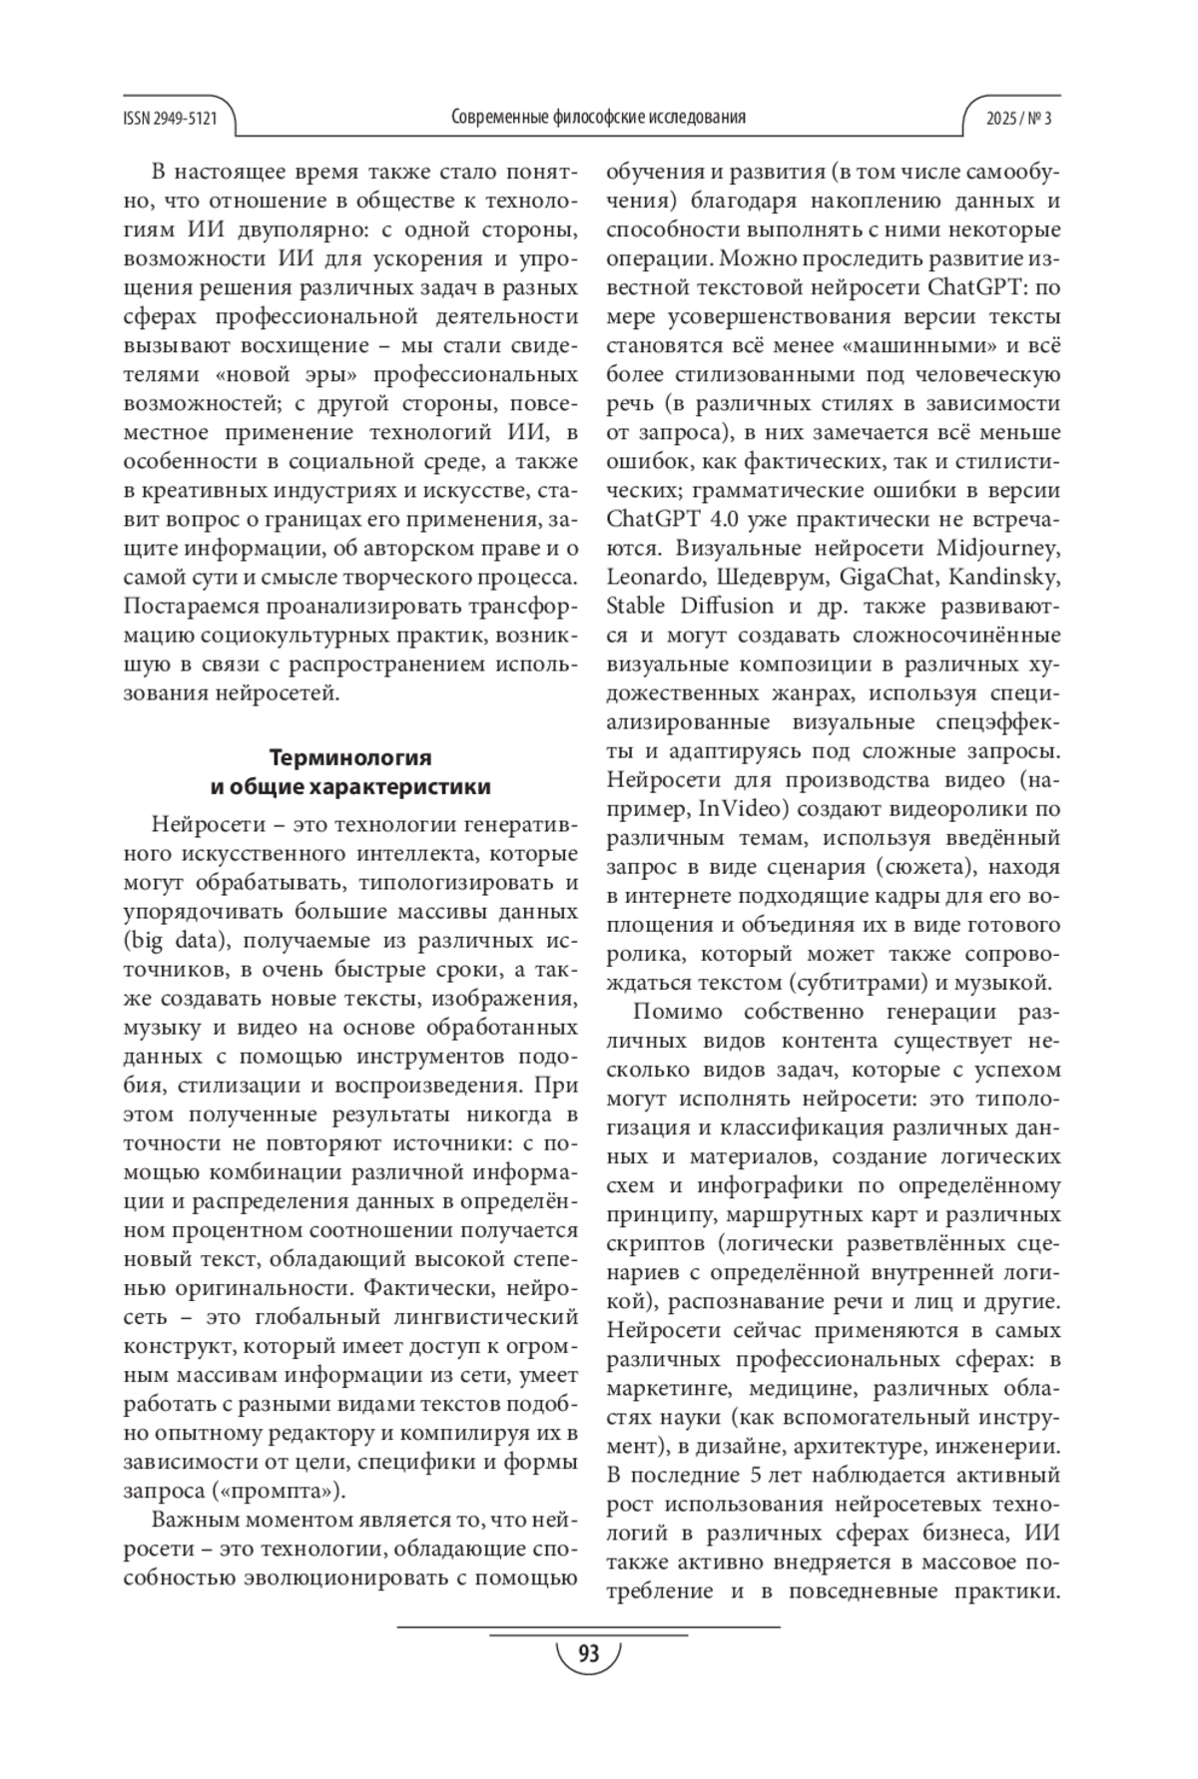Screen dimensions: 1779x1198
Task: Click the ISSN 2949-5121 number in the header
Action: [x=170, y=118]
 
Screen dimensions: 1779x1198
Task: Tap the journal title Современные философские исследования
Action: [x=598, y=118]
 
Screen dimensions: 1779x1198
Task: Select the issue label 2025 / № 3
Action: [x=1018, y=118]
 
